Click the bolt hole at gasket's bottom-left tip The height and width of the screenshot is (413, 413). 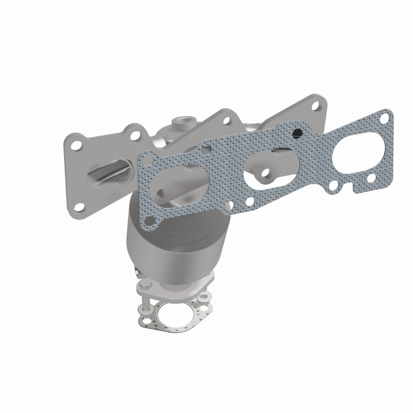click(152, 224)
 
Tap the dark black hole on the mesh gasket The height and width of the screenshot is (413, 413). click(297, 134)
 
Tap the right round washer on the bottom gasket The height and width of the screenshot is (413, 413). click(205, 297)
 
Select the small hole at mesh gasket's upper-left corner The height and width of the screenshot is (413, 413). click(148, 157)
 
